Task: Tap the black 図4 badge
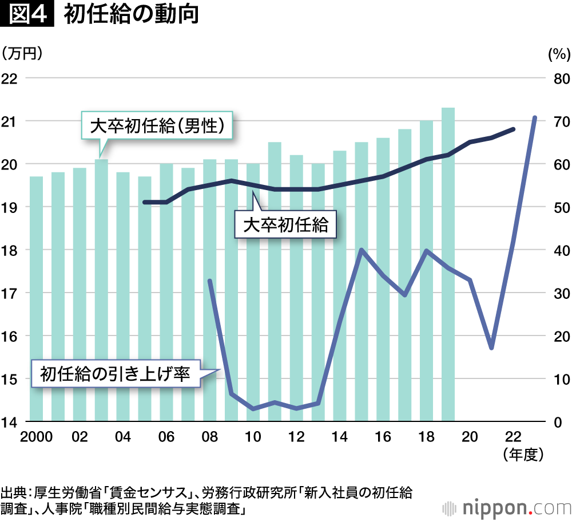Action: tap(27, 15)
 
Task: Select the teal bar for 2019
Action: tap(448, 263)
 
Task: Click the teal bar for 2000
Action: tap(36, 298)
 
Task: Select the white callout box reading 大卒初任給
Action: tap(285, 225)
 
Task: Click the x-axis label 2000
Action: tap(36, 437)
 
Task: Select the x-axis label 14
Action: tap(340, 437)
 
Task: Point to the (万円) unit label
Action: tap(23, 54)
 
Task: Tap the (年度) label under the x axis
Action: tap(522, 455)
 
